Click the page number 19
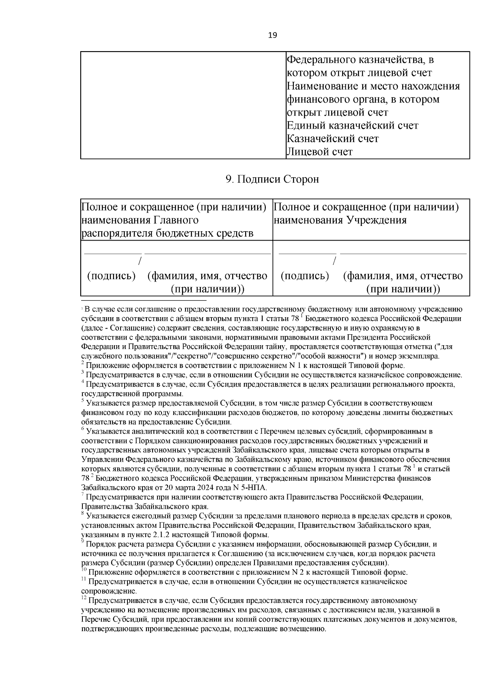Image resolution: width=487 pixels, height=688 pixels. point(273,35)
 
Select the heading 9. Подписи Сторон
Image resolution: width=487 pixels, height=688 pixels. point(272,179)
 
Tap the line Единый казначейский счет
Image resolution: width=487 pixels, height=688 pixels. point(352,126)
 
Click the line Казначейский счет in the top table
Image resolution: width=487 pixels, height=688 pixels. point(332,139)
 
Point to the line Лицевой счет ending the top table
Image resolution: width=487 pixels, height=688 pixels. point(319,152)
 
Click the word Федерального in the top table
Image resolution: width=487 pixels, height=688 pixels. point(320,60)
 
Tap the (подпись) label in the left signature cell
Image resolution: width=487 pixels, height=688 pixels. point(111,276)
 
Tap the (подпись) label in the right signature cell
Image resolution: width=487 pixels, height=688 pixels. point(305,276)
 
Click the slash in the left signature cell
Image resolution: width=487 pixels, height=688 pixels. point(140,261)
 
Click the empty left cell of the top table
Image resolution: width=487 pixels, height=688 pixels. point(183,105)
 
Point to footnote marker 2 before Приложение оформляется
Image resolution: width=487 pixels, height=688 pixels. point(83,364)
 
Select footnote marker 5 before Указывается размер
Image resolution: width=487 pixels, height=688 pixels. point(83,402)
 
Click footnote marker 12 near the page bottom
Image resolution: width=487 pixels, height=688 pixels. point(84,598)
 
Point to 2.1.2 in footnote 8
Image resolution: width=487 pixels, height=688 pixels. point(164,535)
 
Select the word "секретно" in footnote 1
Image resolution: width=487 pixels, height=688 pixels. point(196,357)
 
